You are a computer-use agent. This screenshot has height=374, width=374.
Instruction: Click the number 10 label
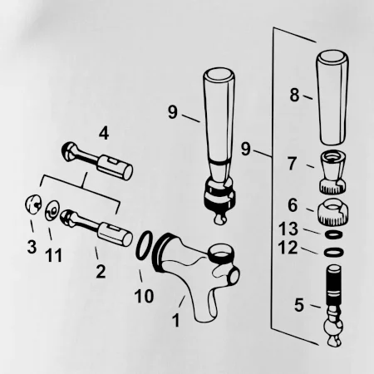tap(144, 296)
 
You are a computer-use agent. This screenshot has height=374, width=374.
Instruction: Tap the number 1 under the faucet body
tap(176, 320)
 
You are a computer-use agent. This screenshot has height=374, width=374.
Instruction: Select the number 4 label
tap(104, 133)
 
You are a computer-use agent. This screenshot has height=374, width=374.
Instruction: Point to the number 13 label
tap(288, 229)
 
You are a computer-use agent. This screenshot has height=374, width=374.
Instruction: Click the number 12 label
tap(288, 248)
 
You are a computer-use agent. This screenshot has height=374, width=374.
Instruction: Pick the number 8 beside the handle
tap(294, 95)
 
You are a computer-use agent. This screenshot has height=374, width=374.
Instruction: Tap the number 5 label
tap(299, 305)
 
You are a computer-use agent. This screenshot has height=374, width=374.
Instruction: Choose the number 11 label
tap(54, 255)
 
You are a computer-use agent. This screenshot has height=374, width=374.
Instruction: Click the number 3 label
tap(32, 247)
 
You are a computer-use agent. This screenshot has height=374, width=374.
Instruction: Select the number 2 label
tap(101, 272)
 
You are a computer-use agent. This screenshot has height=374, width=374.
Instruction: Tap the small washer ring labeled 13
tap(333, 234)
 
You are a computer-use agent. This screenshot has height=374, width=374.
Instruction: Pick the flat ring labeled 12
tap(334, 253)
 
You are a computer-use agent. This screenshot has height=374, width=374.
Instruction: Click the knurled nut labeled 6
tap(332, 212)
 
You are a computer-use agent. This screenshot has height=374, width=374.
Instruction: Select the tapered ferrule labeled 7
tap(332, 172)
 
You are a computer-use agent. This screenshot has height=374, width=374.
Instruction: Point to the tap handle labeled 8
tap(332, 97)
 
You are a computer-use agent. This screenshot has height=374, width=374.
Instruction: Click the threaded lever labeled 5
tap(333, 306)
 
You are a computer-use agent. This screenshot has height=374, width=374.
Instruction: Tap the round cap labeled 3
tap(33, 204)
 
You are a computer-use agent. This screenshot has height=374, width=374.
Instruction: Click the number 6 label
tap(293, 205)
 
